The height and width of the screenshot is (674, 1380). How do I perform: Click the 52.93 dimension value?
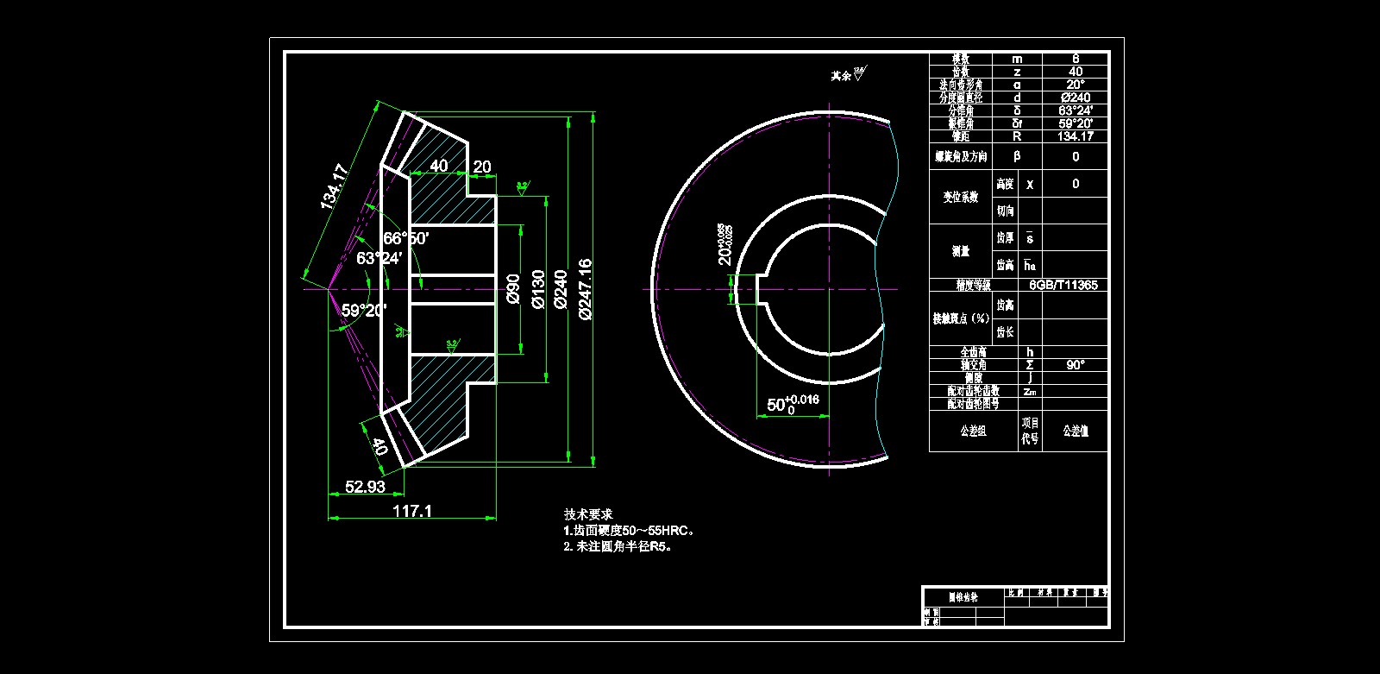[x=365, y=487]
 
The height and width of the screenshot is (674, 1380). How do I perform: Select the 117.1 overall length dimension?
[x=412, y=511]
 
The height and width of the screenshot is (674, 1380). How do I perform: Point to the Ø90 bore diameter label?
[x=513, y=288]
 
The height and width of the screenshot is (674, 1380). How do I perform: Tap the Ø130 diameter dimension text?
[x=538, y=288]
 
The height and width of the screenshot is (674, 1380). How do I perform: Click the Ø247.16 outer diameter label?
[x=586, y=288]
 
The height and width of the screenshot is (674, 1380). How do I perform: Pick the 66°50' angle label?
[x=406, y=238]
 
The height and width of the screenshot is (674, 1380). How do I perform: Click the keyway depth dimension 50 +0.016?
[x=793, y=404]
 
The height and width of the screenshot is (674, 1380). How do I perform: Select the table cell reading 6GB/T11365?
[x=1063, y=285]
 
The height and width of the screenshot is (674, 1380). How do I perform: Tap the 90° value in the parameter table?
[x=1076, y=365]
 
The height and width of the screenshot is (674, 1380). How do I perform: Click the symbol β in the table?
[x=1017, y=156]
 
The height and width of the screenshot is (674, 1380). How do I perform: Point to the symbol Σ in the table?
[x=1029, y=365]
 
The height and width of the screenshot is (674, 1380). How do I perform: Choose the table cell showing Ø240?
[x=1076, y=98]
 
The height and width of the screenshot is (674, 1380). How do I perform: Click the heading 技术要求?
[x=588, y=514]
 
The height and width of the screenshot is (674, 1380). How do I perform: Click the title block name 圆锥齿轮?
[x=963, y=596]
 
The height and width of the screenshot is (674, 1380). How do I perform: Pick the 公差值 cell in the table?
[x=1076, y=431]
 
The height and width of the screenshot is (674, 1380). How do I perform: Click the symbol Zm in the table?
[x=1029, y=391]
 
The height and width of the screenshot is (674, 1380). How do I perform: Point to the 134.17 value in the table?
[x=1076, y=136]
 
